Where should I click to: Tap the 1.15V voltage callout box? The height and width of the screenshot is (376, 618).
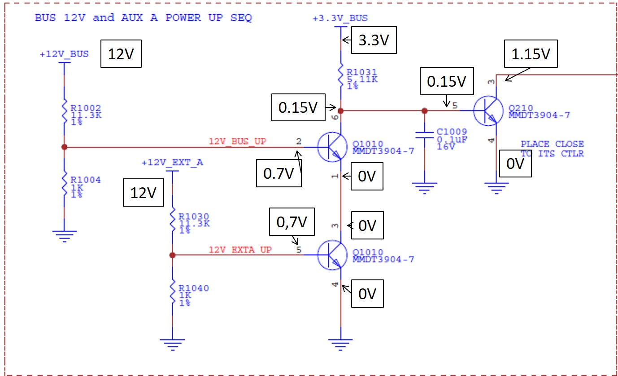[x=531, y=54]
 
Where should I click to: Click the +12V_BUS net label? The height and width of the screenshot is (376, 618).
[x=64, y=54]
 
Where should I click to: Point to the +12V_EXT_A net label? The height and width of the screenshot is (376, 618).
[x=172, y=162]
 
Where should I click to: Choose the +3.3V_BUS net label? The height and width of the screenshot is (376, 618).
[x=340, y=18]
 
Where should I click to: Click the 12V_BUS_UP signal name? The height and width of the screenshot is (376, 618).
[x=237, y=142]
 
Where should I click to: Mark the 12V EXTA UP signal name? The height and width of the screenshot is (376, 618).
[x=240, y=250]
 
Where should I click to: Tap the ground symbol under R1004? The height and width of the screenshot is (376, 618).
[x=64, y=235]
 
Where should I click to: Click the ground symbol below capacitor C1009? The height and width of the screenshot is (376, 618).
[x=424, y=187]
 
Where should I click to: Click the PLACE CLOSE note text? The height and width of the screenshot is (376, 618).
[x=552, y=144]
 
